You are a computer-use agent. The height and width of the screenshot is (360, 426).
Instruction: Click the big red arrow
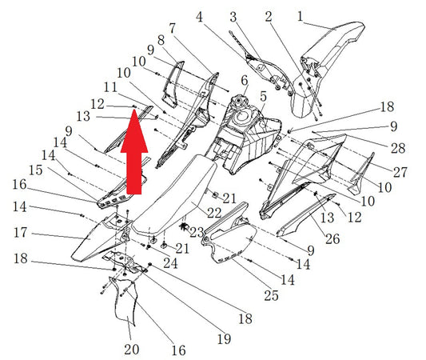coord(134,151)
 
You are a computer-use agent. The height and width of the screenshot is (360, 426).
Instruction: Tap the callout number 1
coord(300,16)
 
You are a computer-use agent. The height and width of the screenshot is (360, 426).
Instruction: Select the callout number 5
coord(263,97)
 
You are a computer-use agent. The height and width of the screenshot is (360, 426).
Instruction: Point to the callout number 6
coord(245,81)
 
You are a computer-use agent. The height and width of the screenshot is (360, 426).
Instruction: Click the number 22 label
coord(214,213)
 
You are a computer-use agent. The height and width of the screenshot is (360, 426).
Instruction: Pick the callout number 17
coord(21,233)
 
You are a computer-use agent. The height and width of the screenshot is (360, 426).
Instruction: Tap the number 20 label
coord(132,350)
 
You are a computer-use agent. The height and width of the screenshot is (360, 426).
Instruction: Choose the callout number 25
coord(272,295)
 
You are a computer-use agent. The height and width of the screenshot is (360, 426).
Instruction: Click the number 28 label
coord(398,148)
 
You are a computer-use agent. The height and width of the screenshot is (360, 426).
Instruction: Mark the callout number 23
coord(197,232)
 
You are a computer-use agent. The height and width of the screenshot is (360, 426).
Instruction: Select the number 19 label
coord(224,338)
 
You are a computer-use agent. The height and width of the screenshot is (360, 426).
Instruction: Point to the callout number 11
coord(110,87)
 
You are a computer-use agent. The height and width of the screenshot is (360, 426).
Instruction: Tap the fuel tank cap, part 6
coord(239,102)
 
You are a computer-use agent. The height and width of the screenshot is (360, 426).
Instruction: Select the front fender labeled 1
coord(328,68)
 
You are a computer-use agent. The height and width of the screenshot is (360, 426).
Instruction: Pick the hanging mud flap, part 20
coord(124,301)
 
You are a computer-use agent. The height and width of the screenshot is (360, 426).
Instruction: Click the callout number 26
coord(332,239)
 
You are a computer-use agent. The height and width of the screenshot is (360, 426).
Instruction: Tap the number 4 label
coord(199,17)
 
